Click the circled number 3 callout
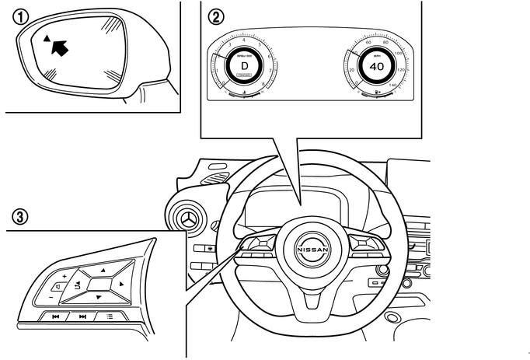tap(17, 215)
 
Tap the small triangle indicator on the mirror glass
tap(46, 37)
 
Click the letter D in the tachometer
tap(244, 66)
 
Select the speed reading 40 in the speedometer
tap(377, 67)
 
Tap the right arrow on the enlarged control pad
tap(122, 285)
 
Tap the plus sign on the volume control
tap(64, 276)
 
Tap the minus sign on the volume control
tap(51, 295)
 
